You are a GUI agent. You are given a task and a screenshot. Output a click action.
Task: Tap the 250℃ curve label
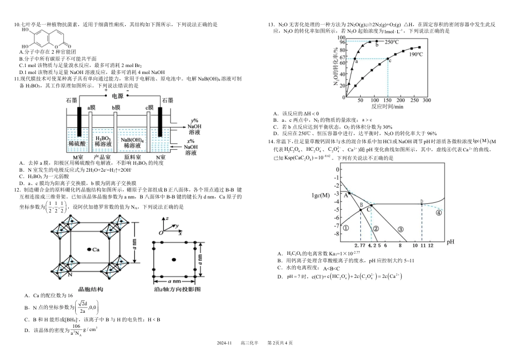(x=390, y=42)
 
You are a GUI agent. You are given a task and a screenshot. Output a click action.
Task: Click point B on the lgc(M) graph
(x=361, y=207)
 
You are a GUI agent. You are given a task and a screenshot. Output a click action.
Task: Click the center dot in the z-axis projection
(x=173, y=260)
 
